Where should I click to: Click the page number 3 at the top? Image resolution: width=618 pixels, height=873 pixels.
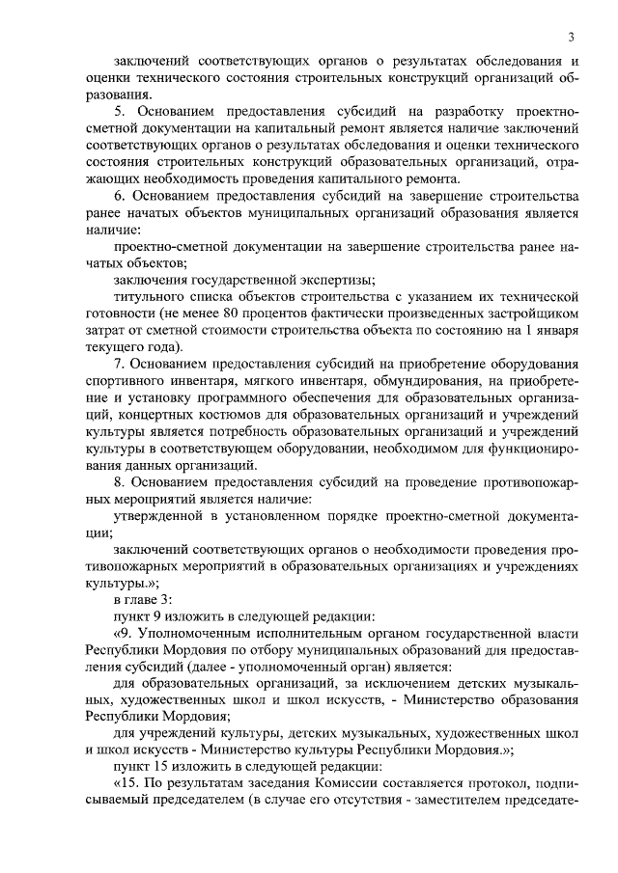click(572, 37)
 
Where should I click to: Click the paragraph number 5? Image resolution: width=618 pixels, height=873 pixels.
click(119, 112)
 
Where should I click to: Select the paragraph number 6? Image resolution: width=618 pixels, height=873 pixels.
click(119, 196)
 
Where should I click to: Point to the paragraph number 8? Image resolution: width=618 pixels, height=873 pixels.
click(119, 482)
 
